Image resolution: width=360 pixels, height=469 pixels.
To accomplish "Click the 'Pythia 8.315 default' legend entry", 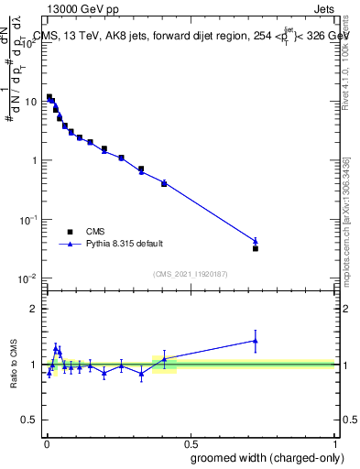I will click(125, 244).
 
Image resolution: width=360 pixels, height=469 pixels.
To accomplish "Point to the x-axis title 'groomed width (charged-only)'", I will click(267, 457).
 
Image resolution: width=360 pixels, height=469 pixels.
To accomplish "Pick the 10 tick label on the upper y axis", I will click(30, 102).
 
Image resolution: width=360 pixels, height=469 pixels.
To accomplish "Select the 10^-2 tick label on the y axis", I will click(28, 278).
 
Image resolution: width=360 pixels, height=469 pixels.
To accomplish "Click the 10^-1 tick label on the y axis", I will click(28, 220).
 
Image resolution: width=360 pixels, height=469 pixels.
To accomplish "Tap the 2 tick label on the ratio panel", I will click(34, 309).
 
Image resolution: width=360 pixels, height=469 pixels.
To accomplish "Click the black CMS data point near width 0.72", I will click(256, 248).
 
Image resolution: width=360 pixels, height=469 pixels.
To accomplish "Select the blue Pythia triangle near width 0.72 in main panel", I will click(256, 241).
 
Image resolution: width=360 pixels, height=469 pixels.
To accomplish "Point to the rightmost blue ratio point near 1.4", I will click(256, 341).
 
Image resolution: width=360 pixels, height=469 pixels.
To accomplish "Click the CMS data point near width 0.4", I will click(164, 183).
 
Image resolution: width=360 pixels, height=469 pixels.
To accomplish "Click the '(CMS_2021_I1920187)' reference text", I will click(190, 272).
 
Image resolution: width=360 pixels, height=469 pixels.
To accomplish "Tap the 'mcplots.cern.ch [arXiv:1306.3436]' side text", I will click(345, 220).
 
